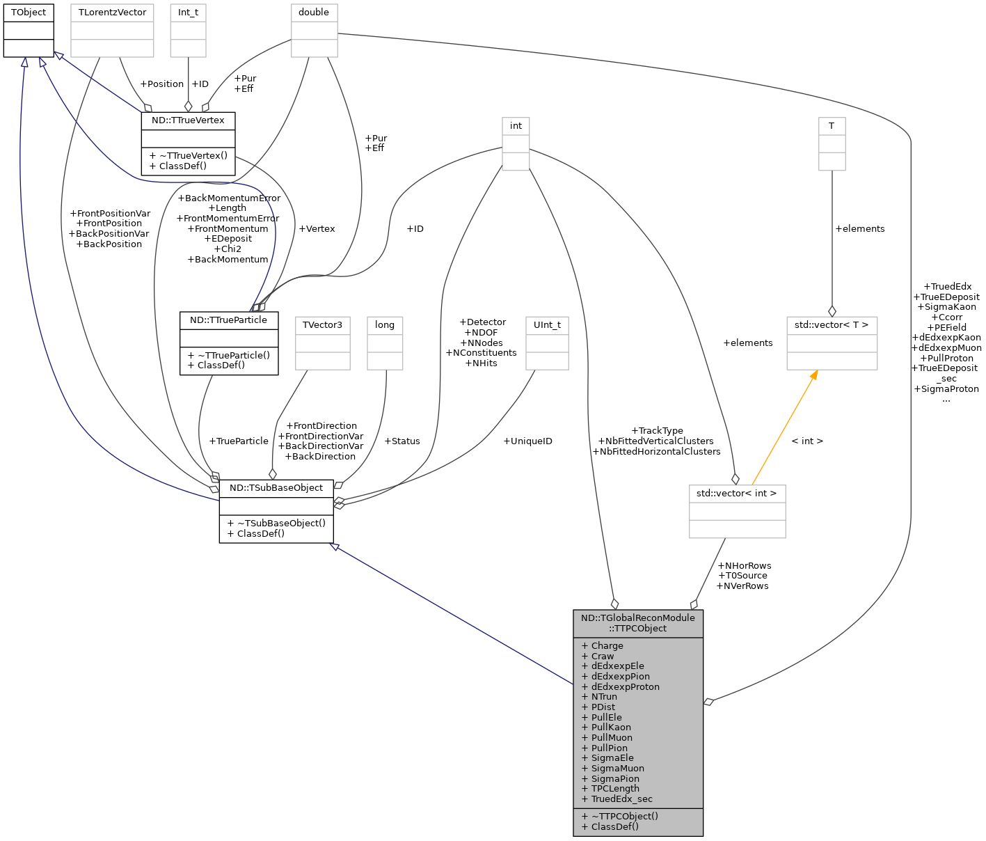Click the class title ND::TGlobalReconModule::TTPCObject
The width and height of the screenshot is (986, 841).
(x=637, y=623)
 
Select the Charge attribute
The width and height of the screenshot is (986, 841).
(x=607, y=645)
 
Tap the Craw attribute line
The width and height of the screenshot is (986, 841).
(x=603, y=656)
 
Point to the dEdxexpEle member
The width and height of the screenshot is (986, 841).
(x=617, y=666)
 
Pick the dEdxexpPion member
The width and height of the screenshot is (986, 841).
(x=620, y=676)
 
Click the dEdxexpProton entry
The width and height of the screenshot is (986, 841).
(x=625, y=686)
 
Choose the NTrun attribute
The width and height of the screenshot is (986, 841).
(x=604, y=696)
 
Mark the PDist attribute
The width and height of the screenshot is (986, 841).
(x=603, y=707)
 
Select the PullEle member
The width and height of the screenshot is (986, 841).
(x=606, y=717)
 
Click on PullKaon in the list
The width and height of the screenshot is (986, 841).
(x=611, y=727)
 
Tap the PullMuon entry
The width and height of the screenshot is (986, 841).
(x=612, y=737)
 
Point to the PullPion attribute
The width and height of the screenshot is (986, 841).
(x=609, y=748)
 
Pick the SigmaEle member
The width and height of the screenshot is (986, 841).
(x=612, y=757)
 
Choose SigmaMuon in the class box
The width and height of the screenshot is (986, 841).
(x=617, y=768)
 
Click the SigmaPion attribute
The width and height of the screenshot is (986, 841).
(x=615, y=778)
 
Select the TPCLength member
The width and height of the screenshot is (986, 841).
(x=615, y=788)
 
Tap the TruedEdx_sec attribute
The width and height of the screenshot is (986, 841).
(x=621, y=799)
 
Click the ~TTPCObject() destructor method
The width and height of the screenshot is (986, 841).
(x=624, y=816)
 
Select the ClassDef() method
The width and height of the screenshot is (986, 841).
(x=614, y=826)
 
